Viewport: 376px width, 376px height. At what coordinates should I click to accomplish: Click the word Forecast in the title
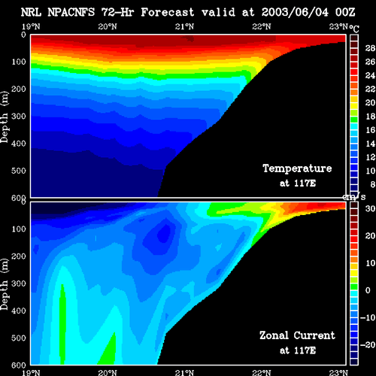(x=168, y=12)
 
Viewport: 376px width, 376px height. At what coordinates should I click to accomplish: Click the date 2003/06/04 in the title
(x=295, y=12)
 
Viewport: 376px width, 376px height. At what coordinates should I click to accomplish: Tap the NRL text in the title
(x=31, y=12)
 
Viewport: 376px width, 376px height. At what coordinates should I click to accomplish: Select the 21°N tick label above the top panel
(x=184, y=26)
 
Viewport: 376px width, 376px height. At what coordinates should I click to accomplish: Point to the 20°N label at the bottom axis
(x=108, y=372)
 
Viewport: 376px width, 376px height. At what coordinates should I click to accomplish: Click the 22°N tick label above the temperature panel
(x=262, y=26)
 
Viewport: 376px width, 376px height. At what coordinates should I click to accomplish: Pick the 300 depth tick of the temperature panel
(x=19, y=117)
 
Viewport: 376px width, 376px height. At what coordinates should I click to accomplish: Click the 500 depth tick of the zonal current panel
(x=19, y=338)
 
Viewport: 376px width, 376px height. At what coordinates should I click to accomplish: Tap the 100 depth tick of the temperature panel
(x=19, y=62)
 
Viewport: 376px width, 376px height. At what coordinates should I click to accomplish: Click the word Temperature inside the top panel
(x=297, y=168)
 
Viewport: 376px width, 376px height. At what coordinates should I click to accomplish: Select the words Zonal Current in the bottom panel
(x=297, y=335)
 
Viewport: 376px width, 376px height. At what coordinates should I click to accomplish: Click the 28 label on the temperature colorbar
(x=370, y=48)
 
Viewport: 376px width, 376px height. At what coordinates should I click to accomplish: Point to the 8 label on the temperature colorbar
(x=372, y=184)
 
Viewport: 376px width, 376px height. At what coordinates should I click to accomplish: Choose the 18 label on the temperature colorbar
(x=370, y=117)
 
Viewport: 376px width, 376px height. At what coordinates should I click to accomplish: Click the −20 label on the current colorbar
(x=368, y=345)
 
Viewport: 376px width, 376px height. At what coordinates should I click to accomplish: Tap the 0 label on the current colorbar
(x=368, y=290)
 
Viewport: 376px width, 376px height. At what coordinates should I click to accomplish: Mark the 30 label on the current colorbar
(x=370, y=208)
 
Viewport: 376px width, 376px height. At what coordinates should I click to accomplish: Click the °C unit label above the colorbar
(x=354, y=29)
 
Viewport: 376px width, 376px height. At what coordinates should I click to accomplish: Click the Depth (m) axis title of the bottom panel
(x=5, y=284)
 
